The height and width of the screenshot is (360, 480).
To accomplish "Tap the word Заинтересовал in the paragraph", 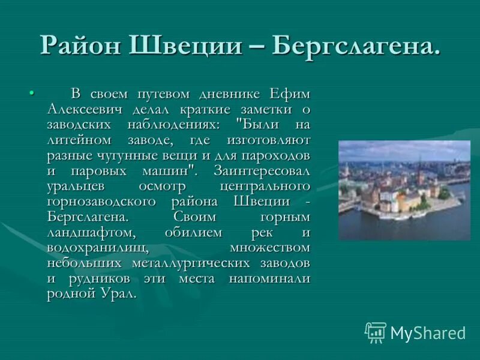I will pos(262,170).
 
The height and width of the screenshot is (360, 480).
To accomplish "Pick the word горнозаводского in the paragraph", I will pos(101,201).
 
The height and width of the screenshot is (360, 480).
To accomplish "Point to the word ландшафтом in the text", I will pos(86,232).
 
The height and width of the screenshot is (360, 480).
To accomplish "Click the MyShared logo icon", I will pos(376,332).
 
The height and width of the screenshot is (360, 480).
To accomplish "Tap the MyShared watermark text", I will pos(428,333).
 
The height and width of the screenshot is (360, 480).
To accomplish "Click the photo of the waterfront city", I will pos(404,190).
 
